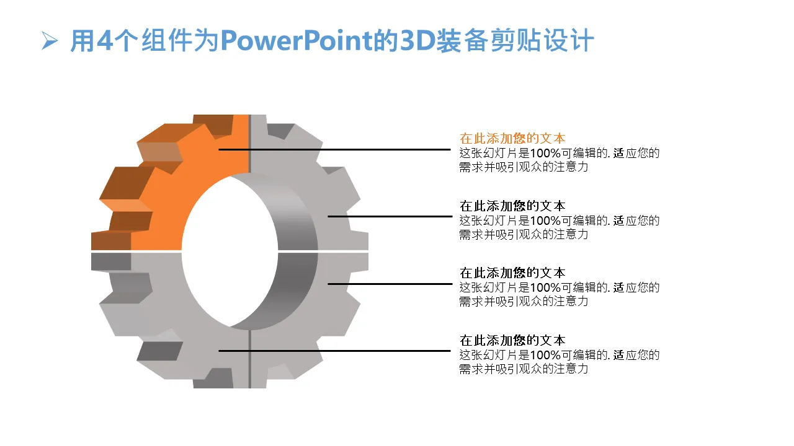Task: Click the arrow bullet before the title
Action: [50, 41]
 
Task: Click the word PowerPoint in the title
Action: [296, 40]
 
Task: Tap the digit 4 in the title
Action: [105, 40]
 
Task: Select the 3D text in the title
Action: [417, 40]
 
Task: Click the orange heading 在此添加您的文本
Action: [512, 138]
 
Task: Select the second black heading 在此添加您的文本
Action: [512, 273]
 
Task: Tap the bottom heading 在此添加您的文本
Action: [512, 341]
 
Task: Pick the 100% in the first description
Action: [545, 153]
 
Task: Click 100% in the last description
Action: [545, 355]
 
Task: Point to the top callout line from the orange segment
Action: [334, 150]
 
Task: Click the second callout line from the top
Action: [390, 216]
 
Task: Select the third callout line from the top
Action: [390, 284]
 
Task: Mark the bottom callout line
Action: [334, 351]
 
